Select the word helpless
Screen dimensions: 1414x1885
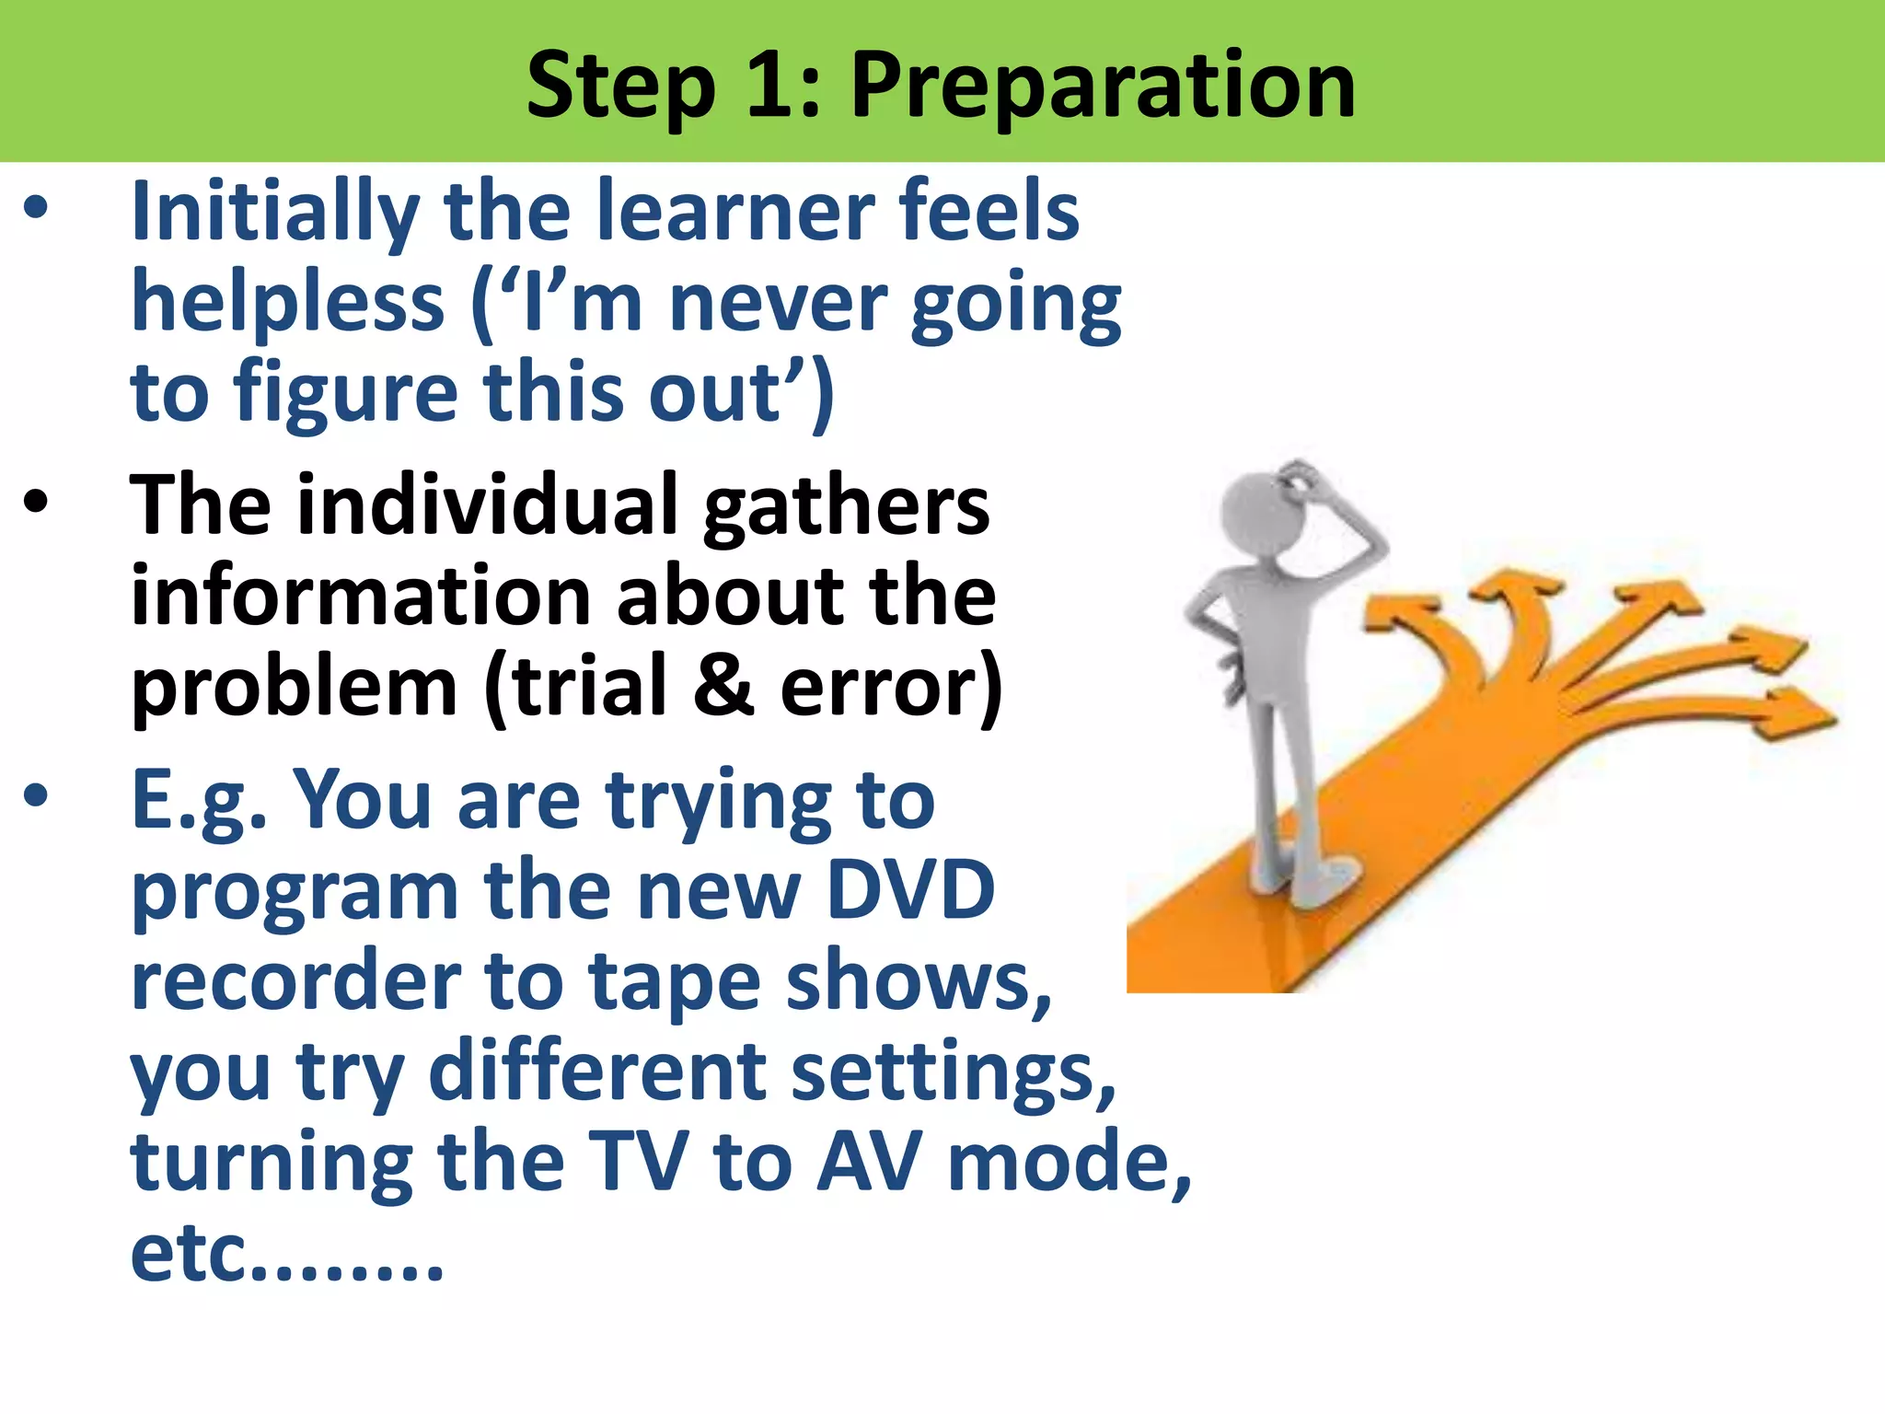click(x=288, y=303)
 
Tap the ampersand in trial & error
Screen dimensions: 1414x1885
click(x=723, y=685)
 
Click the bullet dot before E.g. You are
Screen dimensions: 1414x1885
click(x=36, y=796)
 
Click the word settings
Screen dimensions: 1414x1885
click(x=953, y=1072)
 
